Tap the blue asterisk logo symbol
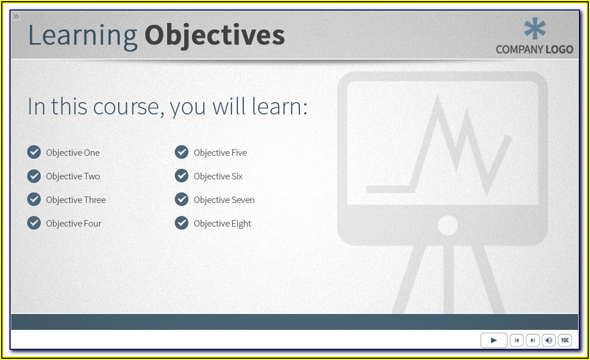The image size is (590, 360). (534, 28)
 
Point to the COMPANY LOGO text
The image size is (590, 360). (534, 50)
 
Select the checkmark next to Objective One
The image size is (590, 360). (34, 152)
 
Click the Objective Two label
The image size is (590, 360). (73, 176)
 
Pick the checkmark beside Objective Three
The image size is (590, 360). (34, 199)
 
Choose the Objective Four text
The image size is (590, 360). (74, 224)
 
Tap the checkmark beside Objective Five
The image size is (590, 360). (181, 152)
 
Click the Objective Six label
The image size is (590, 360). (219, 176)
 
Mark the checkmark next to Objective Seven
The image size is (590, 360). (181, 199)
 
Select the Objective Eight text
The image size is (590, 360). (223, 224)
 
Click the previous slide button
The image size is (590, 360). (517, 341)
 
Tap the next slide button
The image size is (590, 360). (533, 341)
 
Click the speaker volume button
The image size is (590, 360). (549, 341)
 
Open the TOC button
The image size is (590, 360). (565, 341)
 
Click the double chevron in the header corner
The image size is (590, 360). (16, 16)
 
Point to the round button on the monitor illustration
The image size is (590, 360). (448, 225)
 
